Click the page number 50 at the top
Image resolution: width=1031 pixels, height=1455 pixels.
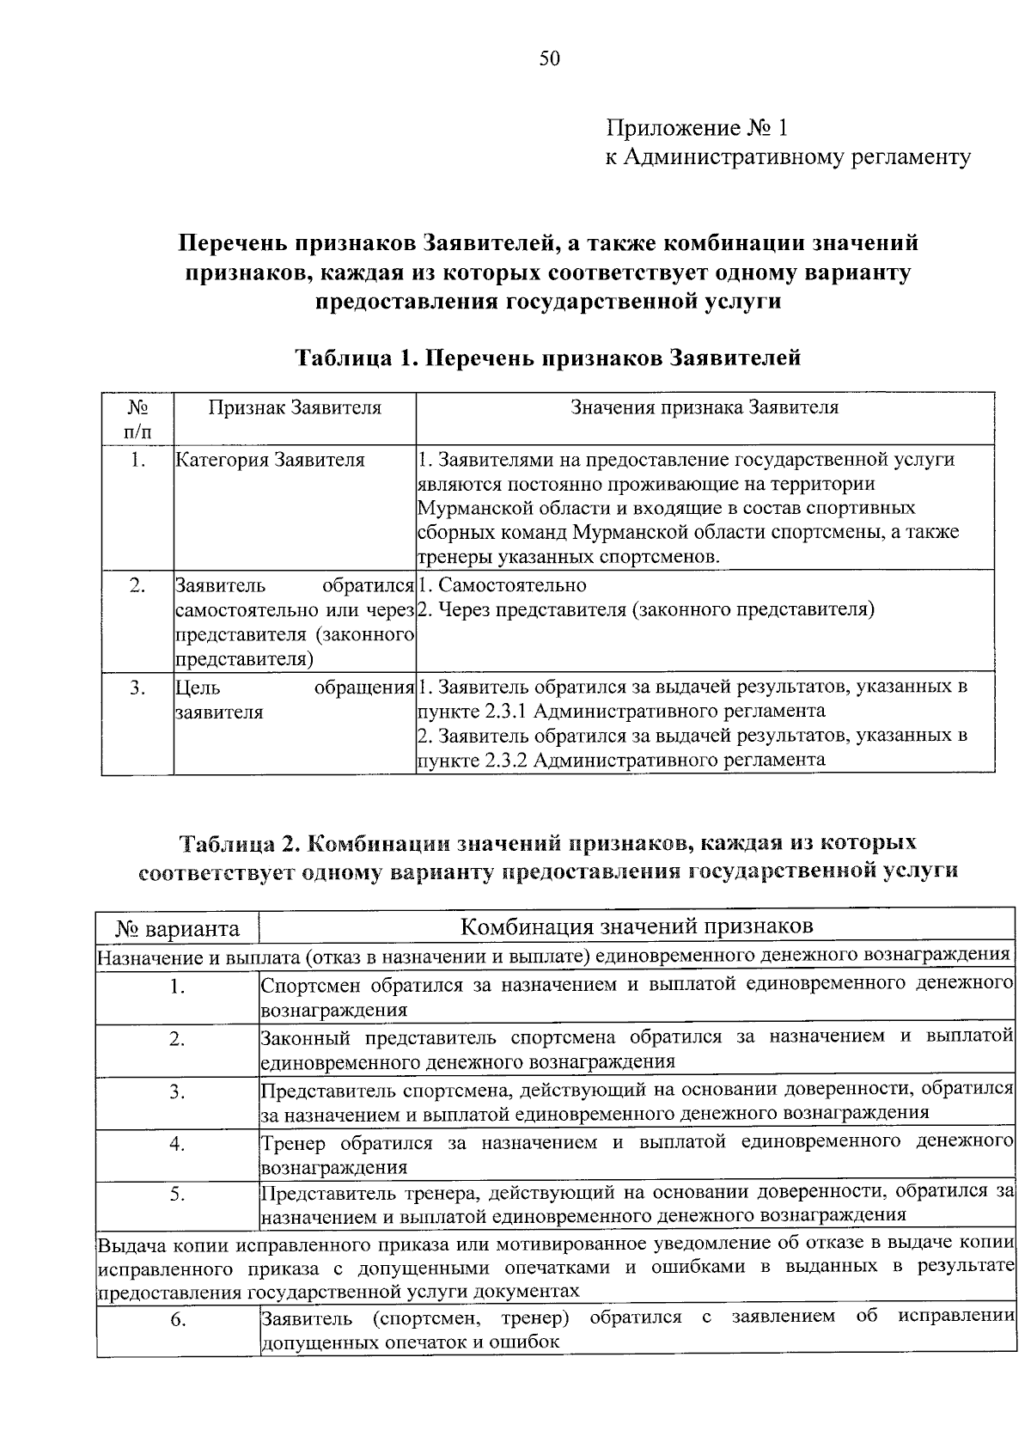coord(549,58)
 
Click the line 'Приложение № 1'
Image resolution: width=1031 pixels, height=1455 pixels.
coord(696,128)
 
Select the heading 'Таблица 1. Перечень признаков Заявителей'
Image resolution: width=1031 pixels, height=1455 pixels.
coord(547,357)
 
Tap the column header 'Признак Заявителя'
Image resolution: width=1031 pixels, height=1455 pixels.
coord(295,407)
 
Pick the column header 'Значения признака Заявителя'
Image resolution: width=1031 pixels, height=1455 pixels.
coord(705,407)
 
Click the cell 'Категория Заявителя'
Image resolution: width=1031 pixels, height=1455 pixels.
coord(270,460)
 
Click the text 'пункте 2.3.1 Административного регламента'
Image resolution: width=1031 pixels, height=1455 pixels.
coord(621,711)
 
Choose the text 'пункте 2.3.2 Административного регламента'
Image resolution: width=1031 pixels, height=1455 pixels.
coord(621,760)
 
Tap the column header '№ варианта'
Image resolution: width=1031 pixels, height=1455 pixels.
coord(178,929)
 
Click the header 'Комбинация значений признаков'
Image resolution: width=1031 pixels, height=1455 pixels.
coord(637,926)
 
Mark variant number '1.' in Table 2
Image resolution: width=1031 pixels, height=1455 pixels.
coord(177,987)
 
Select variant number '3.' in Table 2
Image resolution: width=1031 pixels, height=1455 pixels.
coord(177,1091)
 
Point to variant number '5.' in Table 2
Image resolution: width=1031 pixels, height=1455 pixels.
coord(177,1194)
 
